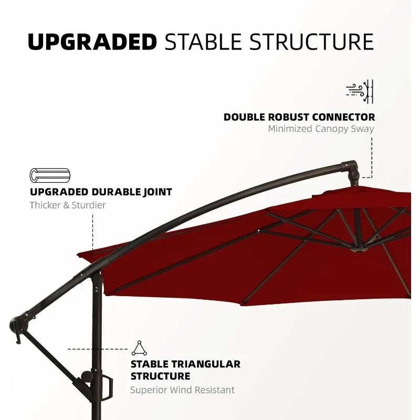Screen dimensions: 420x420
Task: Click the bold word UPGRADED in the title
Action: pyautogui.click(x=92, y=42)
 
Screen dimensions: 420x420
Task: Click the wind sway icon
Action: pyautogui.click(x=360, y=91)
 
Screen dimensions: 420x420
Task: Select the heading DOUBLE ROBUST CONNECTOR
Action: pyautogui.click(x=299, y=117)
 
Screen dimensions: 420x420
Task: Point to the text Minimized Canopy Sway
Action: pyautogui.click(x=321, y=129)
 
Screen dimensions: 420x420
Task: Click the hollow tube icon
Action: pyautogui.click(x=50, y=175)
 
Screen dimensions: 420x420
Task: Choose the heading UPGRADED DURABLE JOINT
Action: pyautogui.click(x=101, y=192)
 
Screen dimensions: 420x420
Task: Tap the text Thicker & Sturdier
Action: pyautogui.click(x=68, y=205)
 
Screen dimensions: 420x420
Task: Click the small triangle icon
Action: pyautogui.click(x=139, y=348)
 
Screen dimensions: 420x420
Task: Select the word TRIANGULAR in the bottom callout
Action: pyautogui.click(x=206, y=364)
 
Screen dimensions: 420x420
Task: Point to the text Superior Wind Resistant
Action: pyautogui.click(x=182, y=390)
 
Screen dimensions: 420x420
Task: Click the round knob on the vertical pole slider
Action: pyautogui.click(x=87, y=376)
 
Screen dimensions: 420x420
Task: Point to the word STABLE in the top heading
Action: pyautogui.click(x=203, y=42)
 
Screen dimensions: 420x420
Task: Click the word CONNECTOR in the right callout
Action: pyautogui.click(x=344, y=117)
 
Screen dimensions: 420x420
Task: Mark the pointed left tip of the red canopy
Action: pyautogui.click(x=77, y=254)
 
